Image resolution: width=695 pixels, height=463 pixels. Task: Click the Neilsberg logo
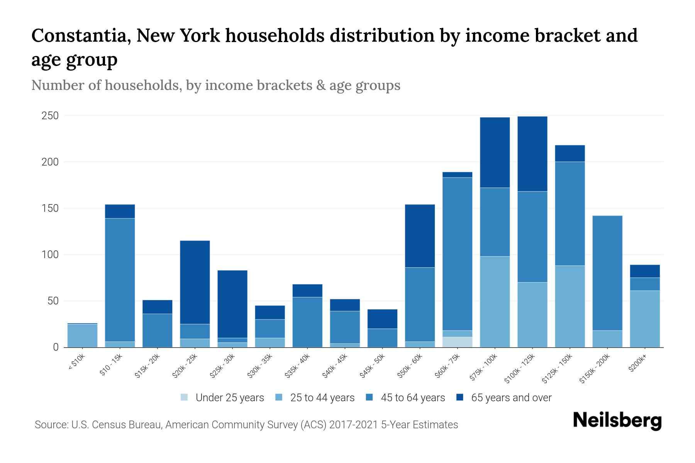pyautogui.click(x=617, y=421)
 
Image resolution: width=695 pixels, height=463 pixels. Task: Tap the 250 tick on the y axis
pyautogui.click(x=50, y=116)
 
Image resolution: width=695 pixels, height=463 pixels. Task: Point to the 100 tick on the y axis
pyautogui.click(x=50, y=255)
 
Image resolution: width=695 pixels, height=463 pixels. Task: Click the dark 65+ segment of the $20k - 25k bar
pyautogui.click(x=195, y=282)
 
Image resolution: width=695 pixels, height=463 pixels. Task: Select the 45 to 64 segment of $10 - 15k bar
pyautogui.click(x=120, y=280)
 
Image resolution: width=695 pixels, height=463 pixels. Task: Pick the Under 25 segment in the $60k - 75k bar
pyautogui.click(x=458, y=342)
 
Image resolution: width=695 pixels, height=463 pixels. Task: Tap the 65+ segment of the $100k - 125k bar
pyautogui.click(x=532, y=154)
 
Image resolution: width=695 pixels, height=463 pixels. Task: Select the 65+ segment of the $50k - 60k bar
pyautogui.click(x=420, y=236)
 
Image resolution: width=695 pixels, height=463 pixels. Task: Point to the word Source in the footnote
pyautogui.click(x=50, y=425)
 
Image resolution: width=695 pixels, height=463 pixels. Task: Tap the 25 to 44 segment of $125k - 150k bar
pyautogui.click(x=570, y=306)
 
